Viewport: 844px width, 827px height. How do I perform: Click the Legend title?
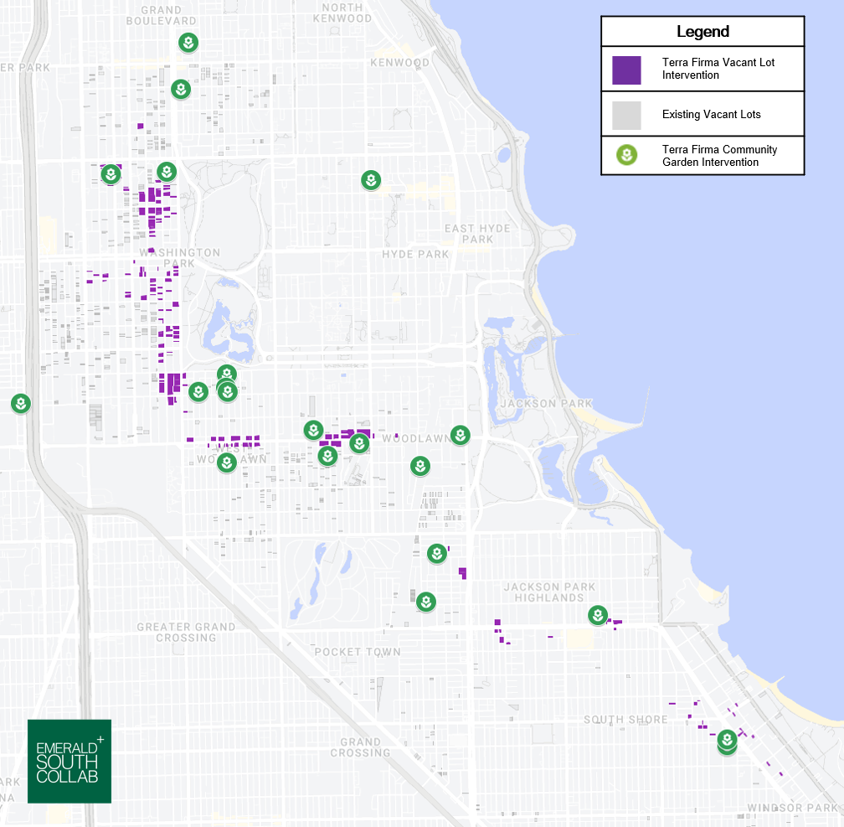pos(702,32)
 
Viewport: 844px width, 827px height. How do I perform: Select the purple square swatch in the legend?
pos(626,70)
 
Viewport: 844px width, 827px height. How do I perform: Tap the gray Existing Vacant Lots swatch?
pos(626,115)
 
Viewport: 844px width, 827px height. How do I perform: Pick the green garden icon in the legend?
pos(626,155)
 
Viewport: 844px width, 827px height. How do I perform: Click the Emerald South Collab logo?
pos(69,761)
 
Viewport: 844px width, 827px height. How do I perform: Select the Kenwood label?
pos(399,63)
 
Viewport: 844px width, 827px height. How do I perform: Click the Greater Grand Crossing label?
pos(186,632)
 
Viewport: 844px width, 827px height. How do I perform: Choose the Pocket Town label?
pos(358,652)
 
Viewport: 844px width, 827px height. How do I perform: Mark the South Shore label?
pos(625,720)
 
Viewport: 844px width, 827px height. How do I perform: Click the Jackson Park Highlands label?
pos(549,592)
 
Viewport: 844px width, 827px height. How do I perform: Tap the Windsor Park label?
pos(792,809)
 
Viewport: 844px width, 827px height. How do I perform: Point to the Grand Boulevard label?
pos(168,15)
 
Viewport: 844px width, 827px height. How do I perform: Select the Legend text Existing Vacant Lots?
pos(711,114)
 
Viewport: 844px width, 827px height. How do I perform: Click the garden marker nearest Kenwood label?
pos(371,179)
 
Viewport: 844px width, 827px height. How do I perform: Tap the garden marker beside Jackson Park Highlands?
pos(597,615)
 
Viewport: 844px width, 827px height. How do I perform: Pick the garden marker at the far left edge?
pos(21,404)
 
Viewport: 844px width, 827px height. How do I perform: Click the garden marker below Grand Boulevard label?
pos(189,43)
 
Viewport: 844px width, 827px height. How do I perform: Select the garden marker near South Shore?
pos(728,740)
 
